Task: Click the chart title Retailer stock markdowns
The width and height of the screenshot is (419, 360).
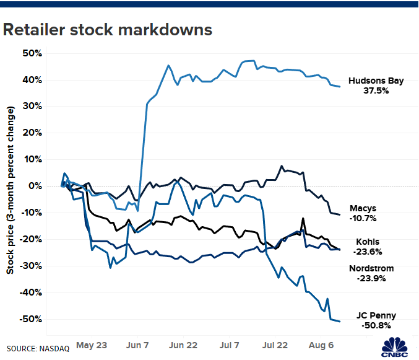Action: tap(108, 29)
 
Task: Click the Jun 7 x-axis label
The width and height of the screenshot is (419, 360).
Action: tap(137, 343)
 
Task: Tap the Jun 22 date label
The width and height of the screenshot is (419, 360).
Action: tap(184, 343)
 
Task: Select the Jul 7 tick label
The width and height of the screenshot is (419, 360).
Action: tap(229, 343)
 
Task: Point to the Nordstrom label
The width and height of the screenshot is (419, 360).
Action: tap(371, 268)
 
